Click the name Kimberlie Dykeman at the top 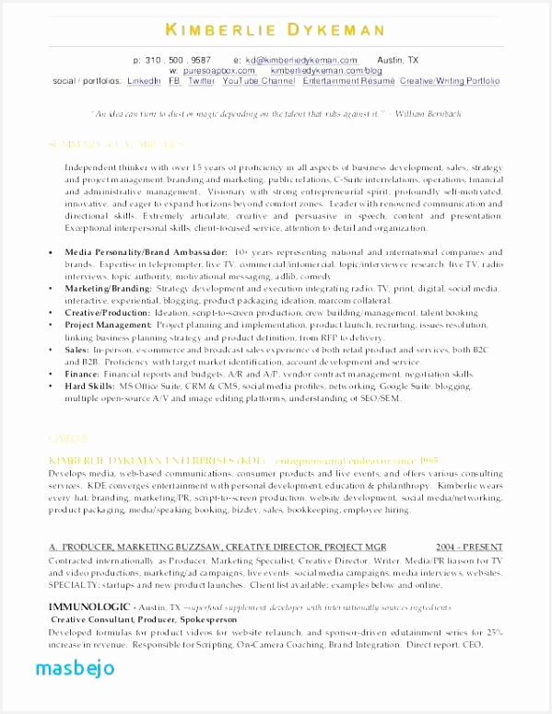[x=276, y=31]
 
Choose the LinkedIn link [x=143, y=81]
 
